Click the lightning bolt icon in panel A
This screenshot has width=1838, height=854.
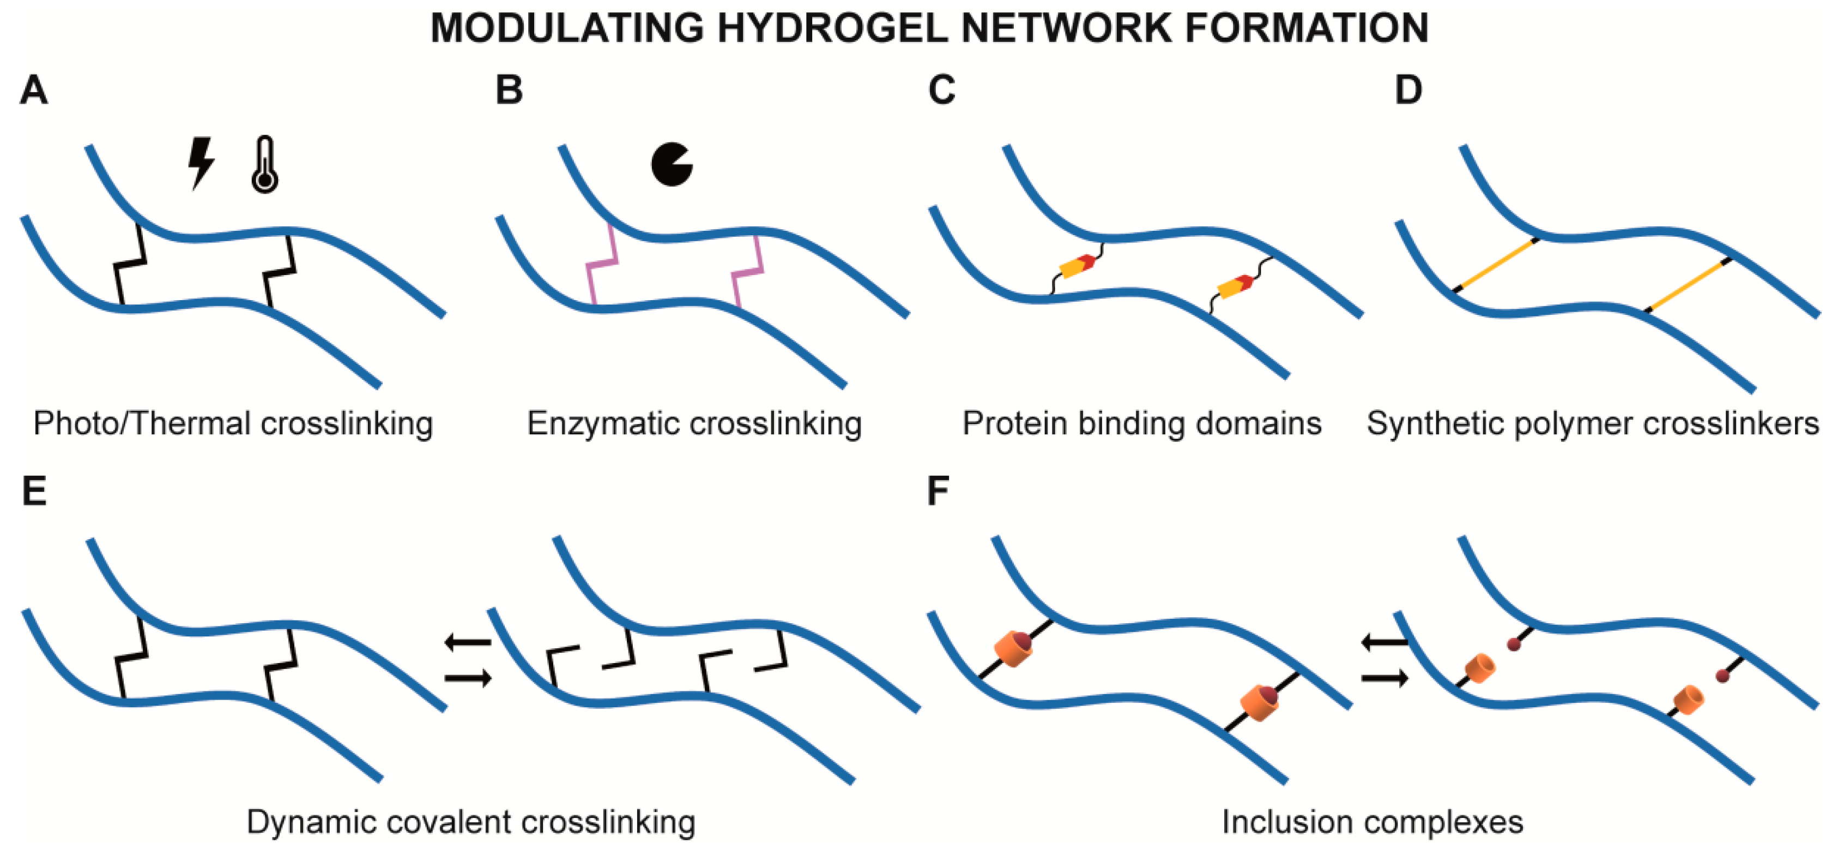pos(201,163)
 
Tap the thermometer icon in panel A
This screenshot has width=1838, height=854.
pos(265,166)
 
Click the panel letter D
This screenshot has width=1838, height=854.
pos(1408,91)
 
